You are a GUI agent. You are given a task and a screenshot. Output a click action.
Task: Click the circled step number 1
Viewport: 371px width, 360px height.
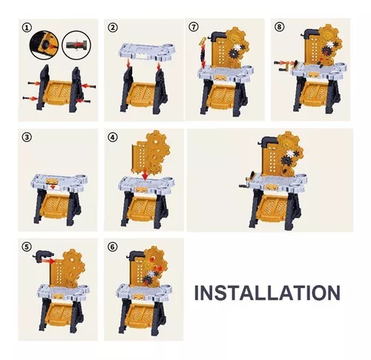pyautogui.click(x=27, y=27)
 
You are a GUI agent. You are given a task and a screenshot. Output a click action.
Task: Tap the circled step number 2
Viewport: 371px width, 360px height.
pyautogui.click(x=113, y=27)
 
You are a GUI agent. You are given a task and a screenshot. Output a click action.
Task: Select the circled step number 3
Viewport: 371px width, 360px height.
pyautogui.click(x=27, y=137)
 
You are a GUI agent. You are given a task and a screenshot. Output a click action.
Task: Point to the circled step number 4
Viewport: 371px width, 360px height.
pyautogui.click(x=113, y=137)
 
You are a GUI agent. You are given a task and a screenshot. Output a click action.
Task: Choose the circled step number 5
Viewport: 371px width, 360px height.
pyautogui.click(x=27, y=246)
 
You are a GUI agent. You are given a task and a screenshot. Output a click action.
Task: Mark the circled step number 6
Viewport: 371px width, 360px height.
pyautogui.click(x=113, y=246)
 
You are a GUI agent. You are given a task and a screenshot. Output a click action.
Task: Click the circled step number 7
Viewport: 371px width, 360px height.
pyautogui.click(x=194, y=27)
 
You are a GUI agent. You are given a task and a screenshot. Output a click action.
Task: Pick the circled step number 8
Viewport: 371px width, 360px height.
pyautogui.click(x=280, y=27)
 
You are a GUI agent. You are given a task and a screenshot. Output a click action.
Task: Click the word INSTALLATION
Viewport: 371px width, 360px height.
pyautogui.click(x=267, y=292)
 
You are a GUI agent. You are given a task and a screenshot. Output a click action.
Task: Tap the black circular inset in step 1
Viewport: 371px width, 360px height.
pyautogui.click(x=44, y=45)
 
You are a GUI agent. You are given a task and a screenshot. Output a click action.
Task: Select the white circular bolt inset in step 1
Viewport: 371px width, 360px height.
pyautogui.click(x=76, y=45)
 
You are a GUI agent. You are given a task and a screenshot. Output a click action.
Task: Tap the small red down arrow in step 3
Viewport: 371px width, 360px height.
pyautogui.click(x=53, y=187)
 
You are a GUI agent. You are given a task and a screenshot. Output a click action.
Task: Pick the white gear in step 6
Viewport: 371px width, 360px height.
pyautogui.click(x=150, y=273)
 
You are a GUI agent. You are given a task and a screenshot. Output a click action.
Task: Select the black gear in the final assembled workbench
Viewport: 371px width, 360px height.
pyautogui.click(x=287, y=161)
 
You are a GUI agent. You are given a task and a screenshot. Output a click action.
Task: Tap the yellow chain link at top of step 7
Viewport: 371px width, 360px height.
pyautogui.click(x=204, y=41)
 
